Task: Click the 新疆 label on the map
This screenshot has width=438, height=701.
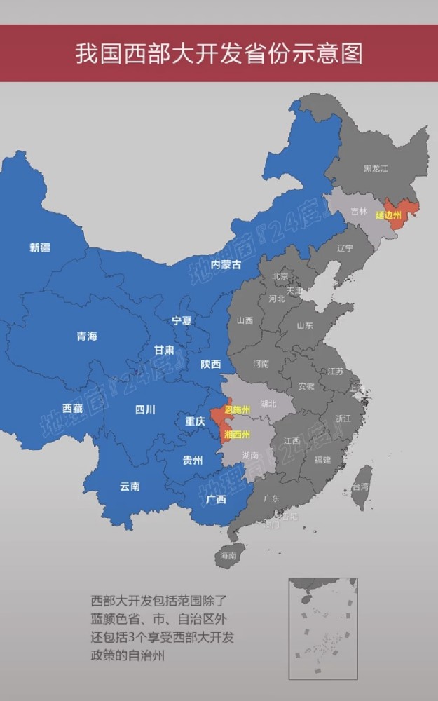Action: (x=39, y=247)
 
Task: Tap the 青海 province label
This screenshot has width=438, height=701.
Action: (x=87, y=336)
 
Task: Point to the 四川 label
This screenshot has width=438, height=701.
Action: (x=145, y=409)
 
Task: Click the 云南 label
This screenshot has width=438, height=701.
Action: (x=130, y=486)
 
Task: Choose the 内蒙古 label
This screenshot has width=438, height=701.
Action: (x=226, y=265)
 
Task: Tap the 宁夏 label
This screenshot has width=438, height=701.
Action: (x=182, y=320)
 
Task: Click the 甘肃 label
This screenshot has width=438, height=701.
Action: (x=165, y=349)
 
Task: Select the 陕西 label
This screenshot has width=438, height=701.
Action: (x=210, y=365)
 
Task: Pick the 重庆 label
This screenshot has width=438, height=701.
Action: (x=195, y=421)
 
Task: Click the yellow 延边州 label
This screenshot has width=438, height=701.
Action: (x=388, y=215)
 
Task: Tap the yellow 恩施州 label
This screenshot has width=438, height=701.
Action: (x=237, y=409)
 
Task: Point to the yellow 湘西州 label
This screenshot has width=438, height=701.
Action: (x=237, y=435)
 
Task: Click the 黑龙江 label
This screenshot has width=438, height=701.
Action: (x=376, y=168)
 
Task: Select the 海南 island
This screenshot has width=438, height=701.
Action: (x=228, y=554)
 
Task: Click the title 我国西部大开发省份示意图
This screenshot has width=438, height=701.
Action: (x=219, y=54)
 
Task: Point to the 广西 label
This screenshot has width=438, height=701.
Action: (x=217, y=500)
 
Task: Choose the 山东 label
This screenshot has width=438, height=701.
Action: (x=304, y=326)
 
